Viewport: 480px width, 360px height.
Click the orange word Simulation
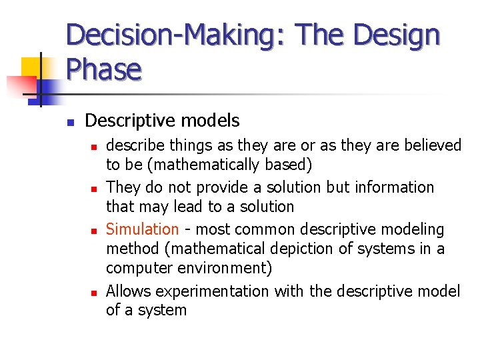pyautogui.click(x=142, y=229)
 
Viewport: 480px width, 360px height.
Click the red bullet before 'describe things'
pyautogui.click(x=95, y=146)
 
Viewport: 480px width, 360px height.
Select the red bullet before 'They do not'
pyautogui.click(x=95, y=189)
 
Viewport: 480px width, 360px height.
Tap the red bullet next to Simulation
pyautogui.click(x=95, y=231)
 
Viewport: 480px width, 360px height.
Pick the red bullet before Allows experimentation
pyautogui.click(x=95, y=293)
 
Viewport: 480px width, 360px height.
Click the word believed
pyautogui.click(x=433, y=145)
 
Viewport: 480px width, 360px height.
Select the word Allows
pyautogui.click(x=128, y=291)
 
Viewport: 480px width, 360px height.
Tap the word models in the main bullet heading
pyautogui.click(x=213, y=121)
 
